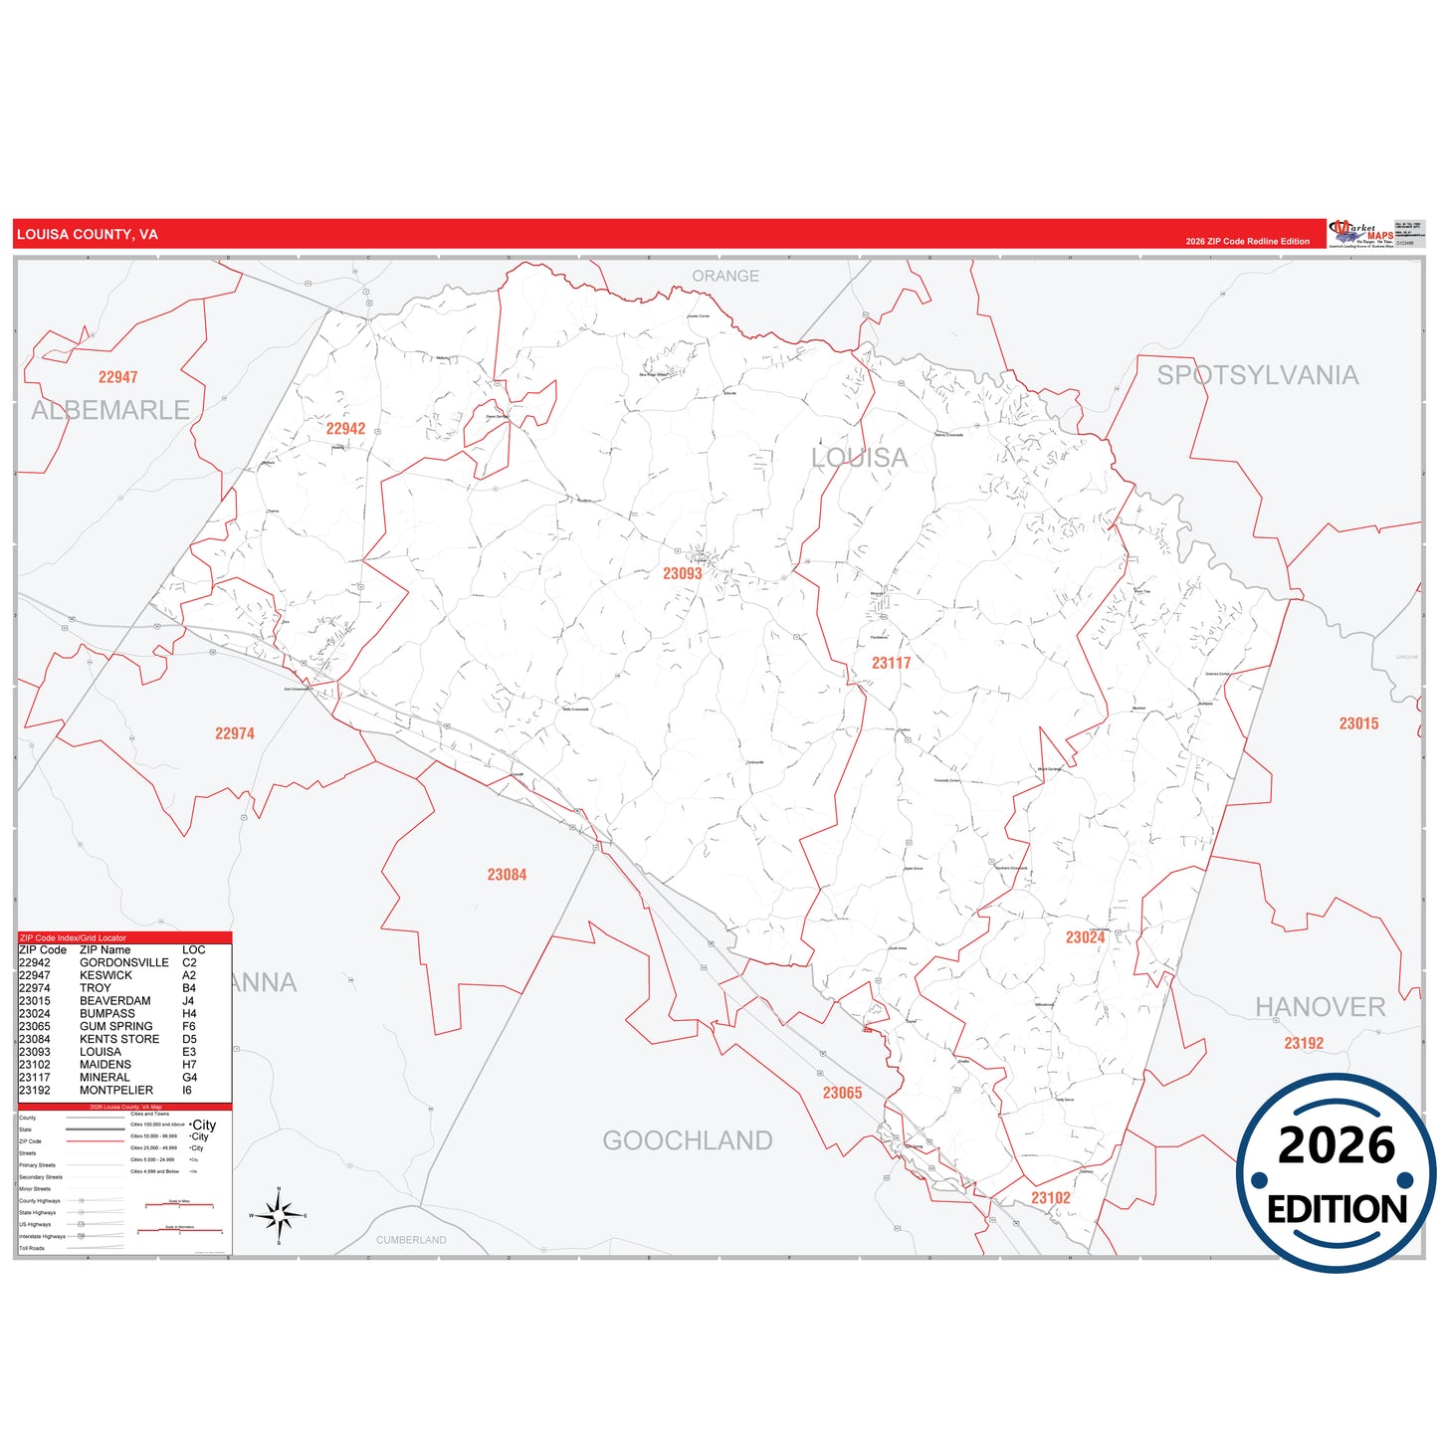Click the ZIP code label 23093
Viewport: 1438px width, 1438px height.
tap(683, 573)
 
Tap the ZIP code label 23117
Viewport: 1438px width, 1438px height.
tap(891, 663)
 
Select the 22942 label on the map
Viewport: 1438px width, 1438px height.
tap(345, 429)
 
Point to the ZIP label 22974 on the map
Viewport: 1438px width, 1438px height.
tap(235, 733)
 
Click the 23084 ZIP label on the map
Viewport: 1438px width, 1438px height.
tap(507, 875)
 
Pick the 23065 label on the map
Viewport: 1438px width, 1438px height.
tap(842, 1093)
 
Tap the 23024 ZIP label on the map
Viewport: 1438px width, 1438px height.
tap(1085, 937)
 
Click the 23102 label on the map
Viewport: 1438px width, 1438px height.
tap(1050, 1198)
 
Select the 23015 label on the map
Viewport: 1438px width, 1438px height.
tap(1358, 723)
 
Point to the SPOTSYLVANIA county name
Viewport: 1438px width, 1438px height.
tap(1257, 375)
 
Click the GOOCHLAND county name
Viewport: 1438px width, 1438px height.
tap(688, 1140)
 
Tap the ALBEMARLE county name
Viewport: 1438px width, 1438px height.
tap(110, 410)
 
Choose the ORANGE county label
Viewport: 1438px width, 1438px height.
tap(725, 276)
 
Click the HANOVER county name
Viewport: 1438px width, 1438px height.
tap(1320, 1007)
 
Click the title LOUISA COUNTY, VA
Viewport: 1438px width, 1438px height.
tap(88, 235)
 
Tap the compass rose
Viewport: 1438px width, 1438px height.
tap(279, 1215)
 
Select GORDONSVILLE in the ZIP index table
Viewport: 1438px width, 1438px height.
tap(124, 962)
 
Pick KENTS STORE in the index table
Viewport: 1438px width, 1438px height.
tap(119, 1039)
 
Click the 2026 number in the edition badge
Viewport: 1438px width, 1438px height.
tap(1336, 1145)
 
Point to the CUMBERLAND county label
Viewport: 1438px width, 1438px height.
tap(411, 1240)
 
